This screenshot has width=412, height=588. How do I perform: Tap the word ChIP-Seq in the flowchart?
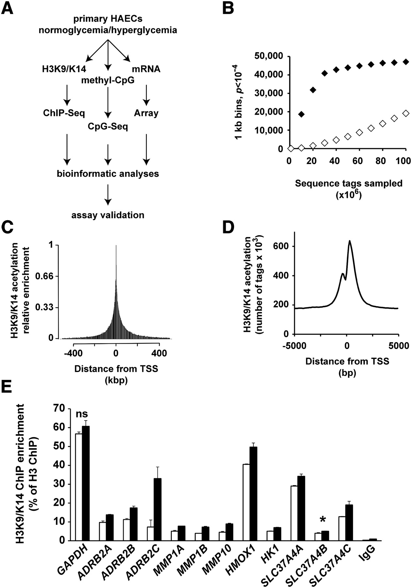pyautogui.click(x=64, y=113)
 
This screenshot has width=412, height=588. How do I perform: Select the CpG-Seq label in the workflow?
pyautogui.click(x=108, y=126)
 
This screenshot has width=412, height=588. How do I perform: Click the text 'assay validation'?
pyautogui.click(x=108, y=215)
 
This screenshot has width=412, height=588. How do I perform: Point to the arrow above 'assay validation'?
pyautogui.click(x=108, y=195)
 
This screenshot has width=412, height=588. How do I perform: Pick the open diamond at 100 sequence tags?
pyautogui.click(x=405, y=113)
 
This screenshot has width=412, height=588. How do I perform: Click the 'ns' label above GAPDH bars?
pyautogui.click(x=82, y=414)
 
